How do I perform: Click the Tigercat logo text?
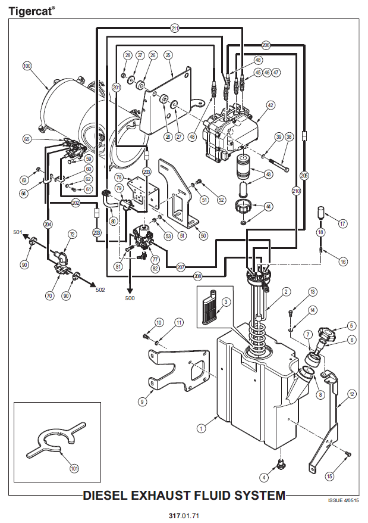tap(31, 11)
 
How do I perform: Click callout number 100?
tap(27, 66)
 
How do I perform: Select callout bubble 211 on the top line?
tap(175, 29)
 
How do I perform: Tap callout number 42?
tap(271, 105)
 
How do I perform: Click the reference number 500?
tap(130, 298)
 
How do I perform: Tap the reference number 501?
tap(18, 232)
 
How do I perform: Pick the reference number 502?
tap(100, 290)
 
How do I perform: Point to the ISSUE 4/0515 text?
tap(344, 500)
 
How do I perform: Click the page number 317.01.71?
tap(184, 516)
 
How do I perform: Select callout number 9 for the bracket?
tap(142, 401)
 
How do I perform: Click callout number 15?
tap(329, 476)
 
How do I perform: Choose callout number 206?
tap(266, 45)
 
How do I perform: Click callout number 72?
tap(73, 235)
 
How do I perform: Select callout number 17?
tap(342, 223)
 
